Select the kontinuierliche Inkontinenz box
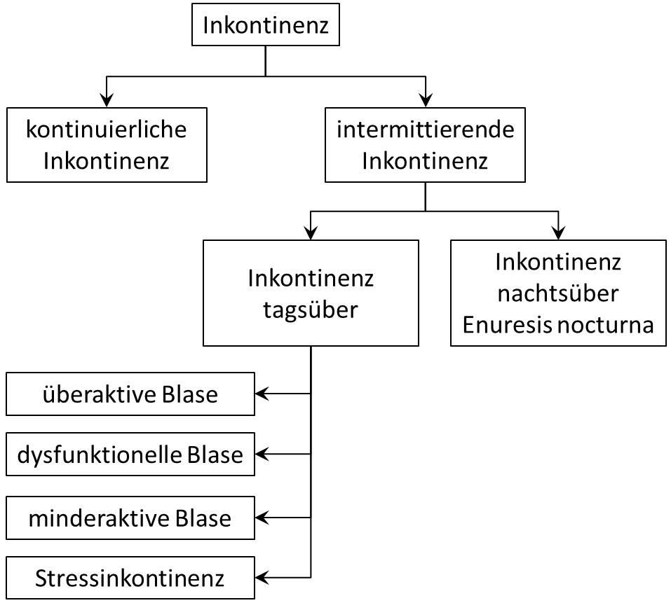107,145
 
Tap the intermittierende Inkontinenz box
425,145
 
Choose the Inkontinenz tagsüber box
311,293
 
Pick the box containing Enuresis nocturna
558,293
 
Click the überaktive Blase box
130,394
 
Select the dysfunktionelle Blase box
130,455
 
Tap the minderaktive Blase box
130,518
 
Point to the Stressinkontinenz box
130,578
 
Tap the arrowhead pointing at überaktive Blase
262,394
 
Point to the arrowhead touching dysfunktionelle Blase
262,455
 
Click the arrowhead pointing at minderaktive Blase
262,518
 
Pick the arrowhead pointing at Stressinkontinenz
262,578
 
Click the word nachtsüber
558,293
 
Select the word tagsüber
311,309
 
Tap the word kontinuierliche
107,130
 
